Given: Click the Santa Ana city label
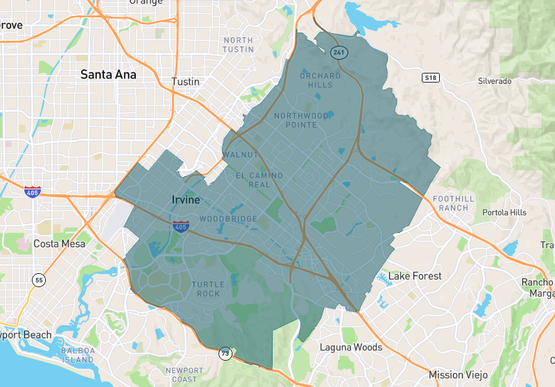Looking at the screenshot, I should click(x=108, y=74).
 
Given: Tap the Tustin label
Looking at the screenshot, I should click(x=185, y=82).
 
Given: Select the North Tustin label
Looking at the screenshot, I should click(x=238, y=45).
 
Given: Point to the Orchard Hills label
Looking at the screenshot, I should click(x=320, y=80).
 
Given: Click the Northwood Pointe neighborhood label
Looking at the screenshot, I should click(x=301, y=120).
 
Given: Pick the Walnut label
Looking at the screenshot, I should click(x=240, y=155).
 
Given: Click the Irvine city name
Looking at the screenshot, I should click(x=185, y=200).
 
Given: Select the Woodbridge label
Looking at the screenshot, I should click(x=228, y=219).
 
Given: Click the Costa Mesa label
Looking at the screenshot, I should click(x=60, y=244).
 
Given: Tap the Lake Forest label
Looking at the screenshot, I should click(x=415, y=276).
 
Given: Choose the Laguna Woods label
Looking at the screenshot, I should click(x=350, y=347).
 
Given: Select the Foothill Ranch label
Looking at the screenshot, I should click(x=454, y=203).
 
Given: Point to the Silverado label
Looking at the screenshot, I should click(x=495, y=81).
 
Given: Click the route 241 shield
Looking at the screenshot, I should click(x=339, y=52).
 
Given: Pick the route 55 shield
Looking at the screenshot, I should click(x=39, y=279).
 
